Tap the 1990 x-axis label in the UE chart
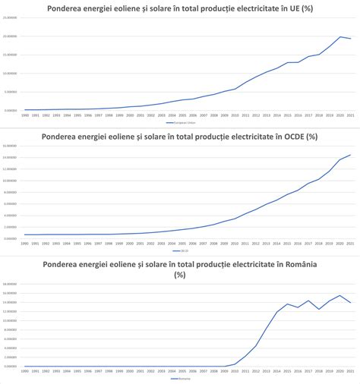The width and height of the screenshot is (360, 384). tap(25, 115)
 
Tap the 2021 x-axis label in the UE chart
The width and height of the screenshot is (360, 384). tap(350, 115)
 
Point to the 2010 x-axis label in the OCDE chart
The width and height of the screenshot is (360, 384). tap(235, 243)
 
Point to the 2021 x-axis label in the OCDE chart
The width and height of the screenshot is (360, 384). tap(350, 243)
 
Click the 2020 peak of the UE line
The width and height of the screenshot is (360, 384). tap(339, 36)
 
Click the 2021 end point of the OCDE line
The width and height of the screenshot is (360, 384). tap(350, 155)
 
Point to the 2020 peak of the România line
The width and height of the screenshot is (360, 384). tap(339, 295)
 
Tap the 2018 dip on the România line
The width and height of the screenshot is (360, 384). tap(318, 309)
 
